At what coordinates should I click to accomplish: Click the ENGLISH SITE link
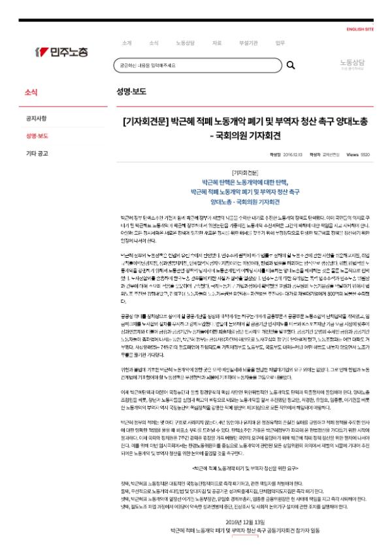coord(360,29)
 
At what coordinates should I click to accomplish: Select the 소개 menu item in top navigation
coord(126,43)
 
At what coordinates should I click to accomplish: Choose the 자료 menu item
coord(217,43)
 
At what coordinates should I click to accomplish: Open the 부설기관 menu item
coord(248,43)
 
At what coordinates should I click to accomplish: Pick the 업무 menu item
coord(280,43)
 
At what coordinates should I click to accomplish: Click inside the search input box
coord(196,65)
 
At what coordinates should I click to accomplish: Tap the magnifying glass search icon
coord(291,65)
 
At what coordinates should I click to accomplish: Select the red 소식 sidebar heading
coord(31,92)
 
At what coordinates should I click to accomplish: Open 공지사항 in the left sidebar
coord(36,118)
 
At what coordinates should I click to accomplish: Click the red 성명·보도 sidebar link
coord(37,135)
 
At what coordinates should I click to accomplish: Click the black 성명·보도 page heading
coord(131,92)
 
